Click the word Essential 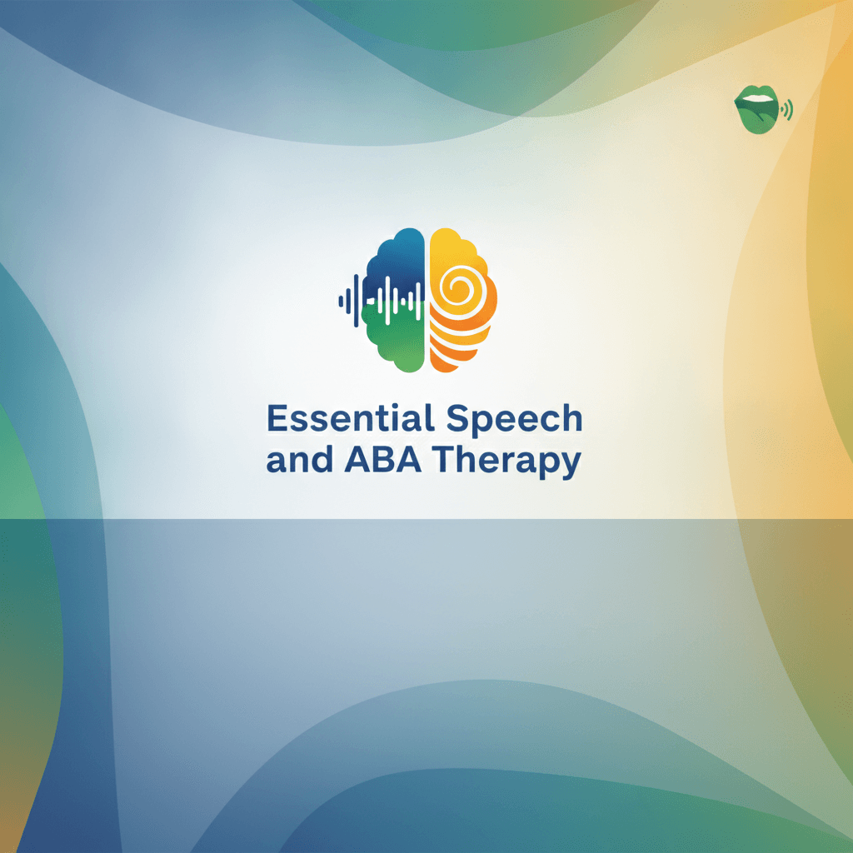(x=351, y=418)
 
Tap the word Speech (x=514, y=421)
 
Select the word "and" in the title (x=299, y=460)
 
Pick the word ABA (x=382, y=460)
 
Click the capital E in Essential (x=277, y=418)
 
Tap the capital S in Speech (x=457, y=418)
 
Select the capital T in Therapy (x=443, y=460)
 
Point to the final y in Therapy (x=571, y=466)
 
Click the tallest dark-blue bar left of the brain (x=357, y=300)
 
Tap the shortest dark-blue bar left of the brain (x=341, y=300)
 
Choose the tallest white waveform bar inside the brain (x=387, y=299)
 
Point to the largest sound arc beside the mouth (x=789, y=110)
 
